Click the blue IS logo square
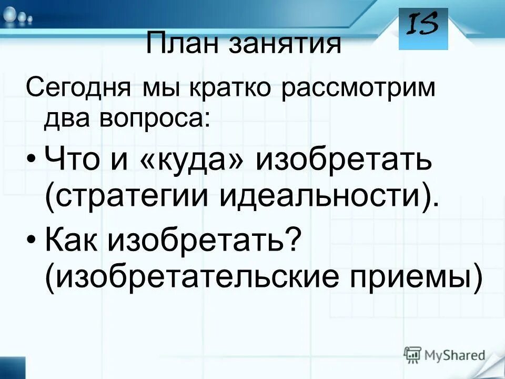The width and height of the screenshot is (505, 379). [x=423, y=28]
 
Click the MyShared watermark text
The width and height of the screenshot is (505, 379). [x=455, y=355]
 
